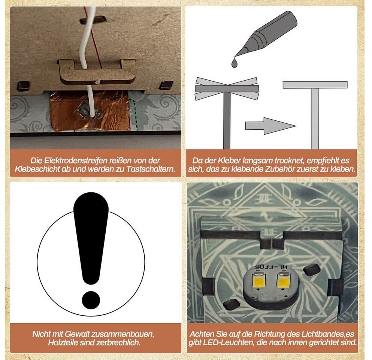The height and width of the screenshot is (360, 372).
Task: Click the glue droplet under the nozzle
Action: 234,63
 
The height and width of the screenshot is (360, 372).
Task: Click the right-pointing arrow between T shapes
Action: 270,126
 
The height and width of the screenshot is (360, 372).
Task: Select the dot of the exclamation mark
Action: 91,300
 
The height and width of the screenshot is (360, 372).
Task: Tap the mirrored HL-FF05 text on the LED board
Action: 271,267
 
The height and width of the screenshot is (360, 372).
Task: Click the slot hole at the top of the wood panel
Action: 93,20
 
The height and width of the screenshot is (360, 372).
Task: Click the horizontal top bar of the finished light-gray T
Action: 315,85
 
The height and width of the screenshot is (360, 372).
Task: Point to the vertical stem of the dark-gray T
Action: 227,120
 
